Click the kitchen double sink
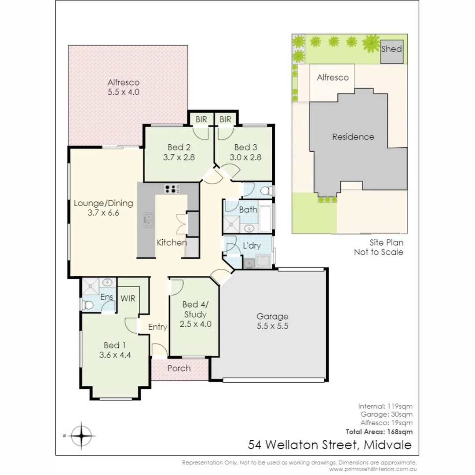[148, 220]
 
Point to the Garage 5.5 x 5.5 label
[272, 321]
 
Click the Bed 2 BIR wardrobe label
[201, 120]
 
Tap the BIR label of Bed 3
[225, 120]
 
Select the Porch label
[179, 368]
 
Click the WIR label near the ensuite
[128, 298]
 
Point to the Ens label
[106, 297]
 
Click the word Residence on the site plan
[353, 137]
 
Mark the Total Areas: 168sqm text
[380, 431]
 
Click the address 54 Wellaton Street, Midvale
[330, 445]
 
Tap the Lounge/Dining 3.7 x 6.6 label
[103, 208]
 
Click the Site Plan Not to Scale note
[378, 247]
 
